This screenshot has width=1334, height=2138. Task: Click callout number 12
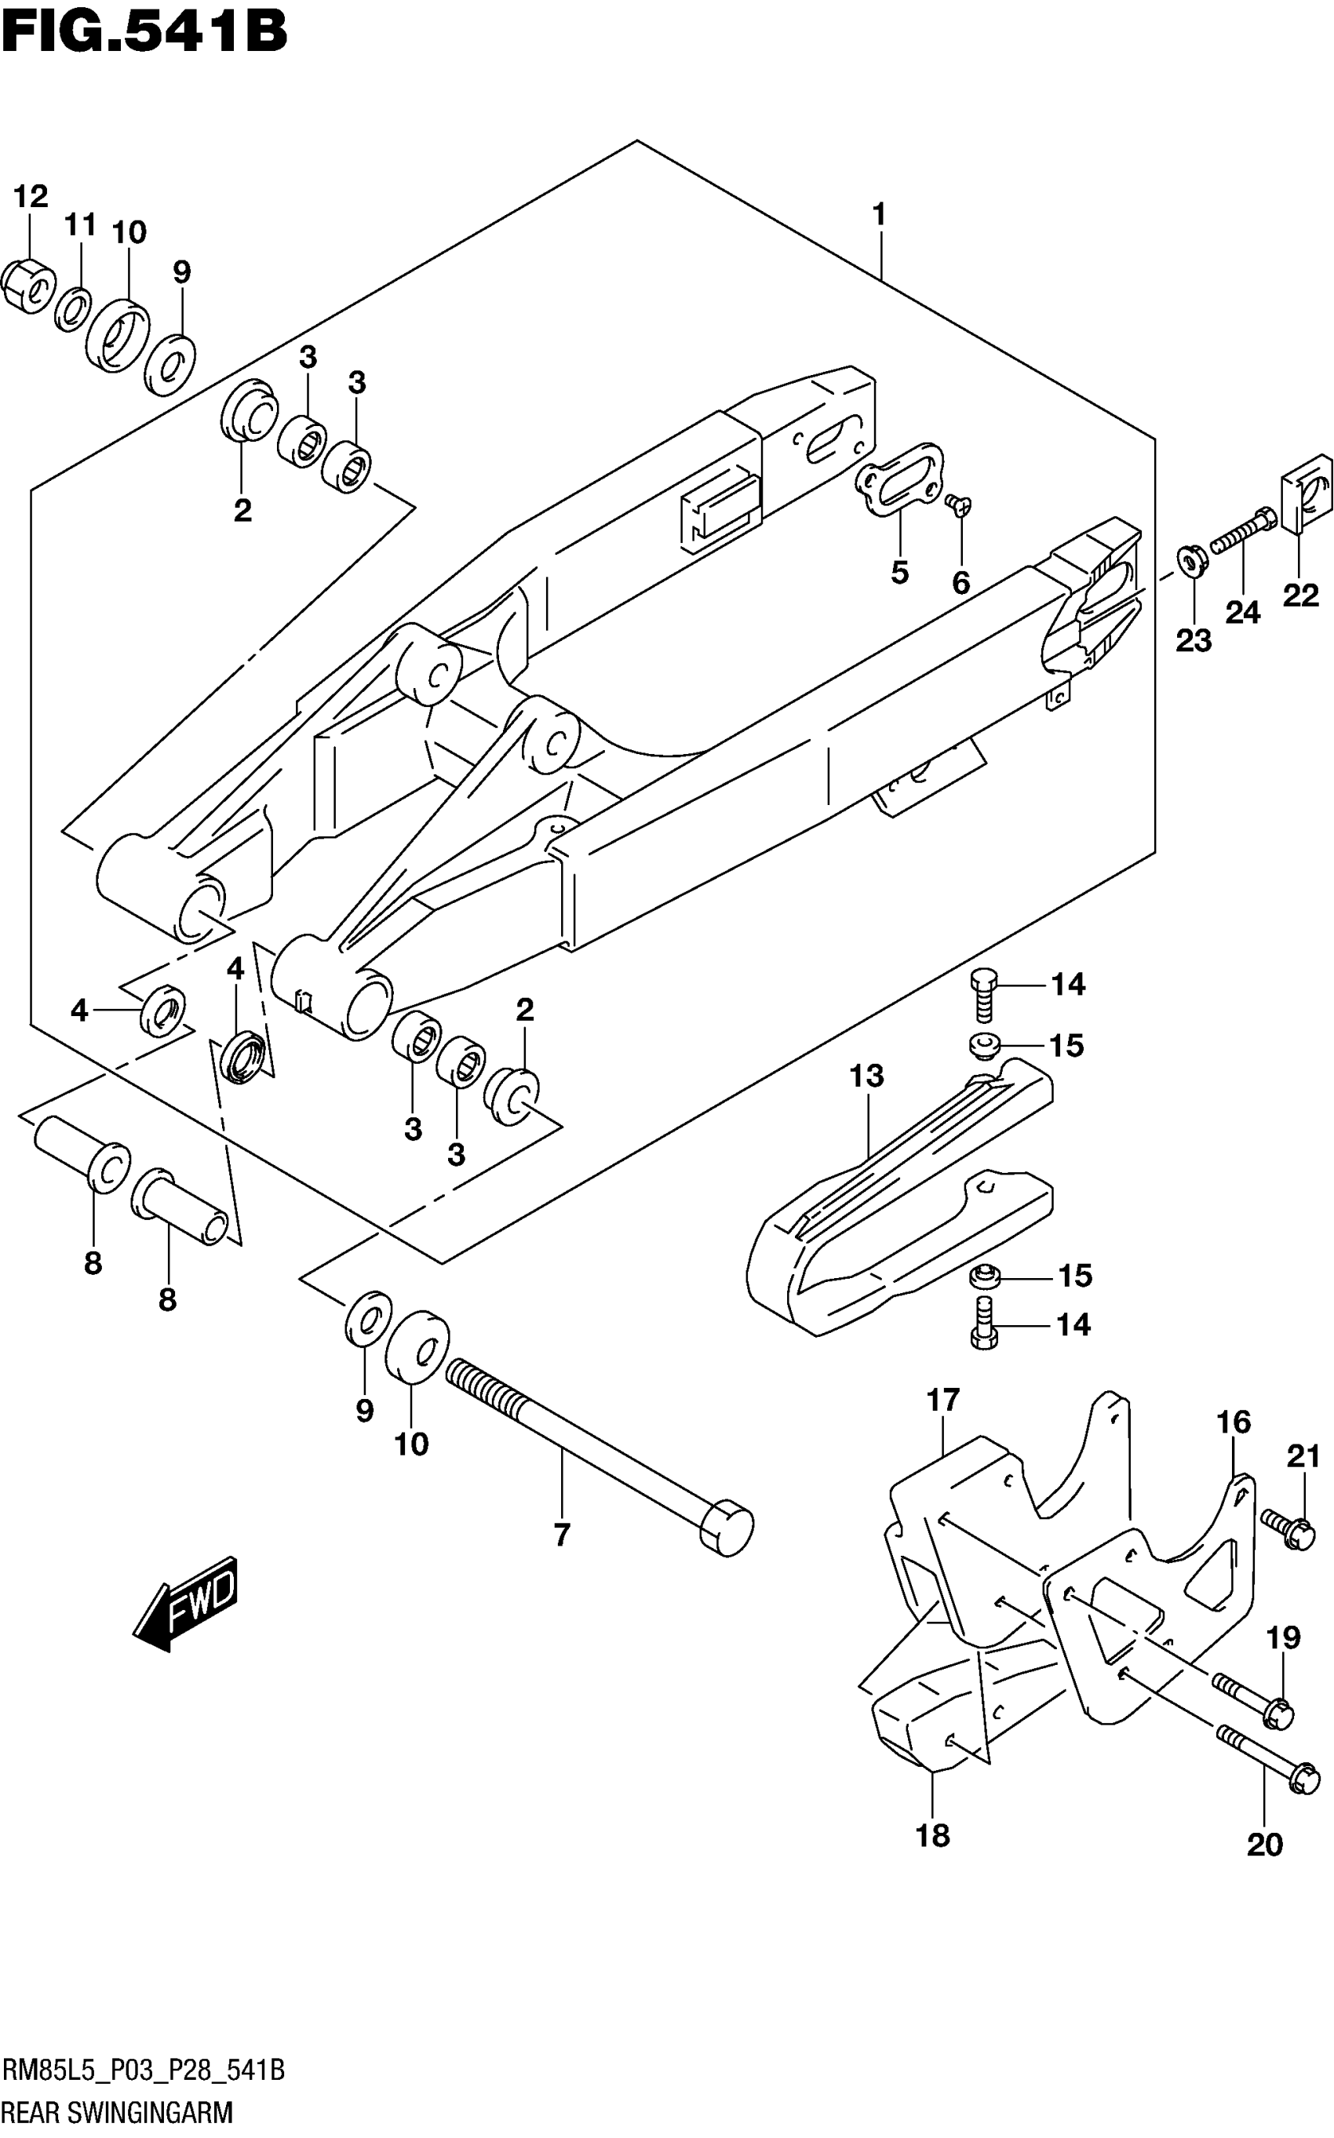(30, 197)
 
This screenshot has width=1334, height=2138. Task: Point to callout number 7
(562, 1535)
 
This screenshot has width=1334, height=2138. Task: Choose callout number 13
(866, 1076)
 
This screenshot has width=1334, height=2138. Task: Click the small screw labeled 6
(957, 504)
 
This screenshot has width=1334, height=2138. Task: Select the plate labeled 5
(899, 481)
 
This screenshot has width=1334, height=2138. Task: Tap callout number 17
(943, 1400)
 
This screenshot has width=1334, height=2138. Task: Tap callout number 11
(80, 226)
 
